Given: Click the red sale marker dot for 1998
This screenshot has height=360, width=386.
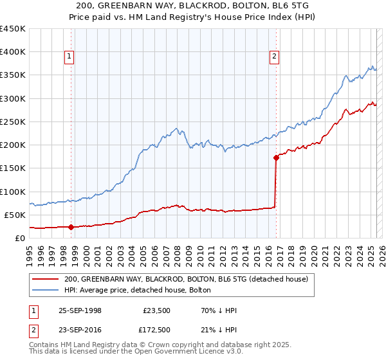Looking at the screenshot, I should click(71, 227).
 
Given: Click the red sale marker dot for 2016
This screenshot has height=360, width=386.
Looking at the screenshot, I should click(276, 157).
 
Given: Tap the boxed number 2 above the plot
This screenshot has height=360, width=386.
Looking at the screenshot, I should click(274, 57).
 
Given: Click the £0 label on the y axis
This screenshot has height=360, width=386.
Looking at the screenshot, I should click(19, 238).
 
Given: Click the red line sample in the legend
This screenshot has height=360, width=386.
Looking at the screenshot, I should click(45, 279).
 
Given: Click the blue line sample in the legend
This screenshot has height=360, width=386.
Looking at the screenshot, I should click(45, 290).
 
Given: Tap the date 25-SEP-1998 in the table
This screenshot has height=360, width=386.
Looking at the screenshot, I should click(80, 310).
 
